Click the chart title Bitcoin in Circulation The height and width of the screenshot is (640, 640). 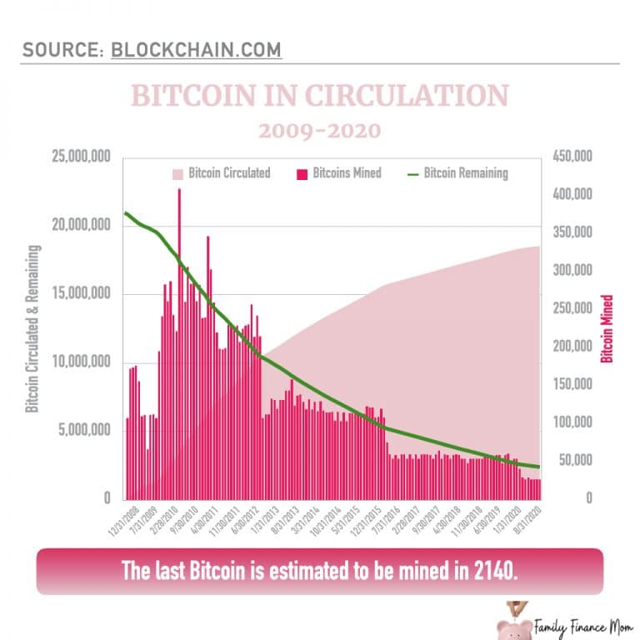point(319,96)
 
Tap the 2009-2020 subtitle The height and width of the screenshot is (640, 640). point(319,131)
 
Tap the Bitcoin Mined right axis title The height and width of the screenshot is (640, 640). point(607,328)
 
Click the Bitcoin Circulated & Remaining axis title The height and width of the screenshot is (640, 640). point(32,328)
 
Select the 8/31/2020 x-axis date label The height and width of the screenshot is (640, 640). point(531,520)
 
